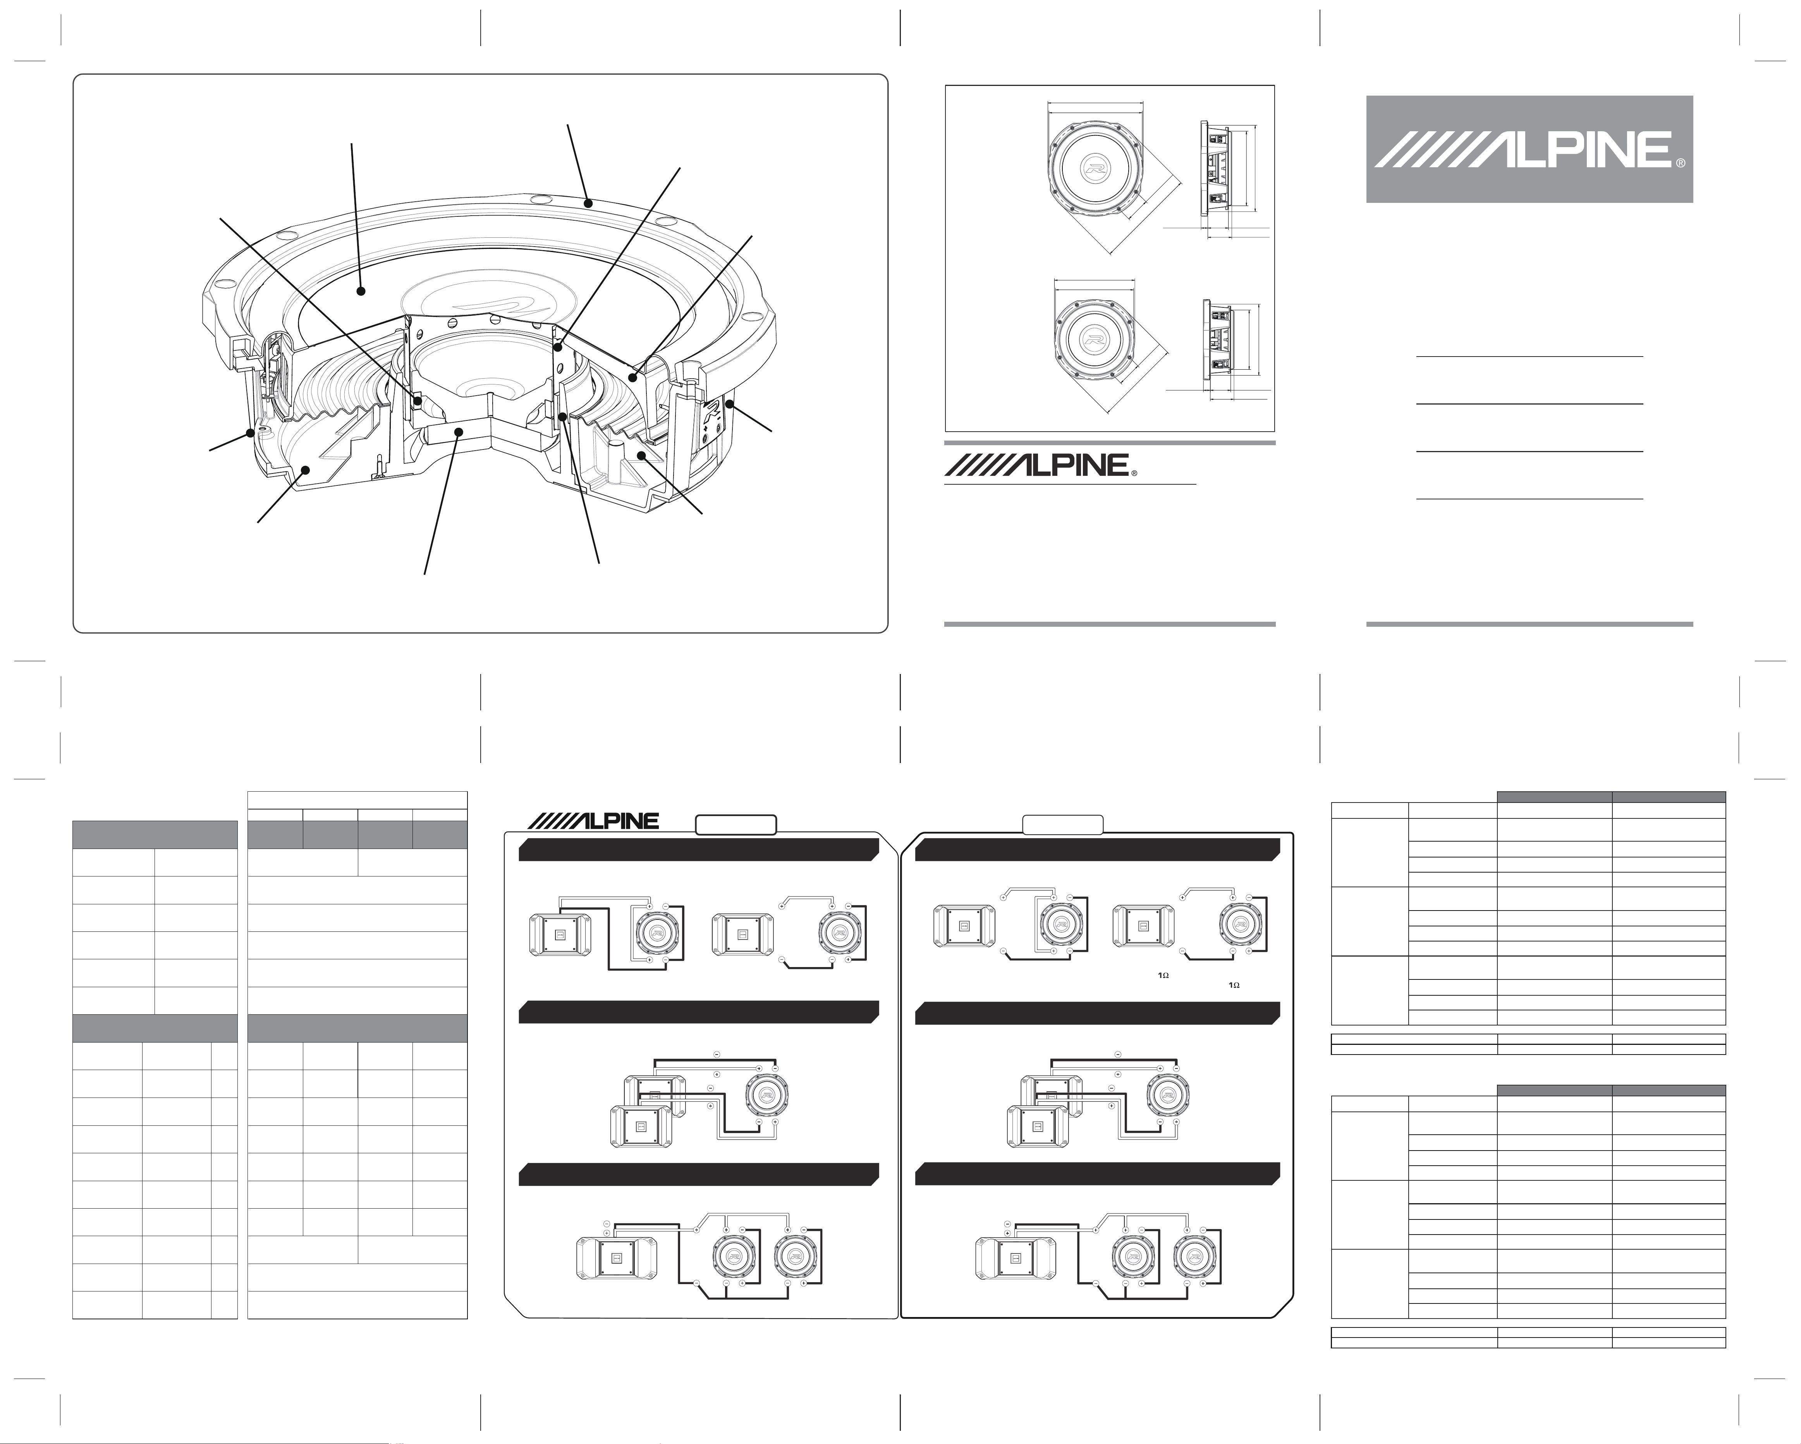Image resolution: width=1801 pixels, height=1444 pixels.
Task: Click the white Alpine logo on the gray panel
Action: (1529, 149)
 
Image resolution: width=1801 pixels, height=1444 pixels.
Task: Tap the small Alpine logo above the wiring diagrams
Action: (597, 821)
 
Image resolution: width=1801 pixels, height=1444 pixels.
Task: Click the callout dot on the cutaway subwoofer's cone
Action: (361, 291)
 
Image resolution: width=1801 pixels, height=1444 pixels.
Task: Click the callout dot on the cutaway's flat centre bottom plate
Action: (459, 431)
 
